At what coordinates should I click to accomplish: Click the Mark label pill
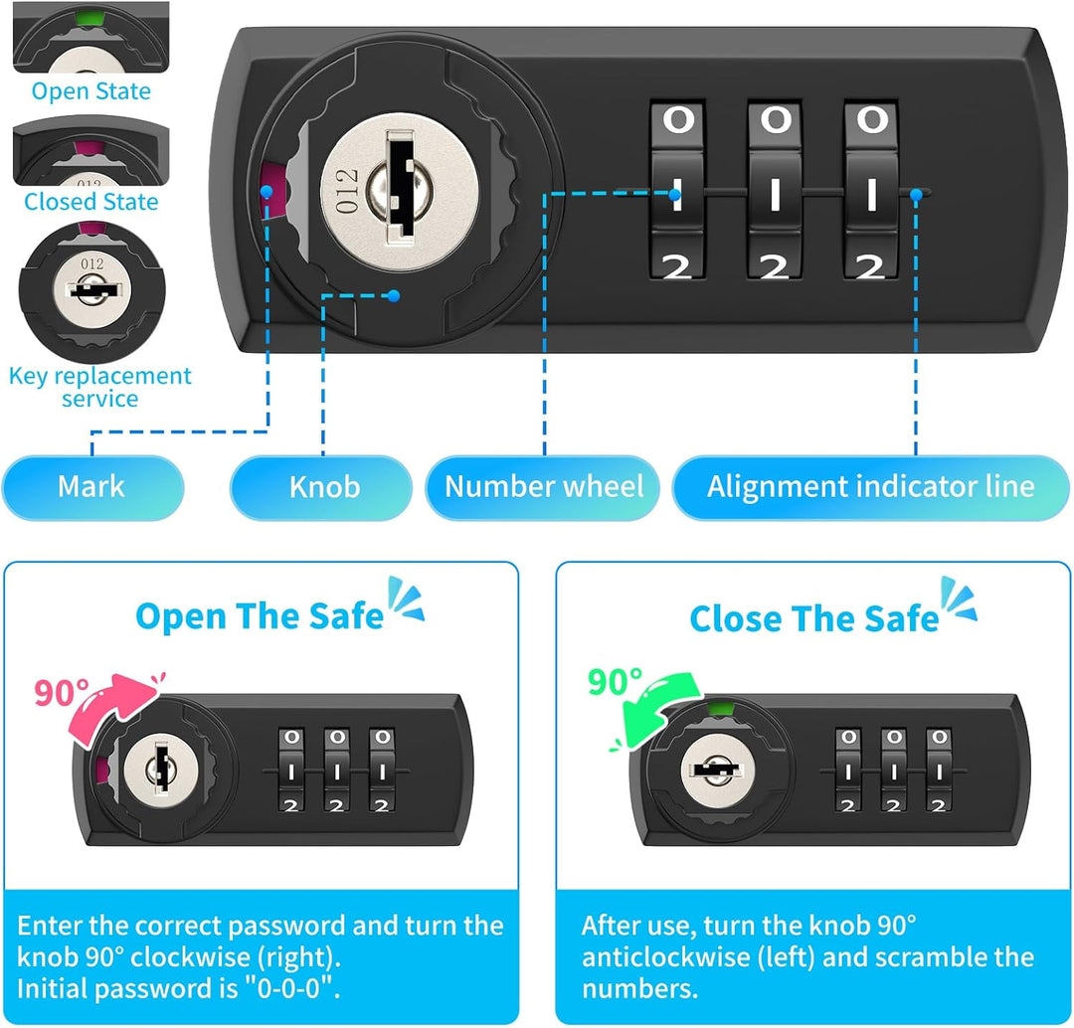pos(92,487)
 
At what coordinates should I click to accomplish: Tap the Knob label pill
pos(321,487)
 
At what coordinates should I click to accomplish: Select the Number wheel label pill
pos(543,487)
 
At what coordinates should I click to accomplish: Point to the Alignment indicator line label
pos(870,487)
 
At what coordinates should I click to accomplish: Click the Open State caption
pos(91,91)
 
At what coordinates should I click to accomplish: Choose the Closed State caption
pos(91,202)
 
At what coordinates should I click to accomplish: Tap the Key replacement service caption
pos(100,387)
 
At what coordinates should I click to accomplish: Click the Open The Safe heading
pos(260,615)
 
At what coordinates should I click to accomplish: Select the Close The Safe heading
pos(813,618)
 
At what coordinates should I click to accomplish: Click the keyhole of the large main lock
pos(400,188)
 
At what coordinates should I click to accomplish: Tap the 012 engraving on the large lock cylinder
pos(347,191)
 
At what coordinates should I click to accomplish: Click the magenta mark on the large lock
pos(274,192)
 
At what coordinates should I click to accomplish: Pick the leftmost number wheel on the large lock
pos(677,191)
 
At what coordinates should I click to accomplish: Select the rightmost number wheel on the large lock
pos(871,191)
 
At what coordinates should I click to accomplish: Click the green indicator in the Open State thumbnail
pos(88,17)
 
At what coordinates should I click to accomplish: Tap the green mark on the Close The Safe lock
pos(719,707)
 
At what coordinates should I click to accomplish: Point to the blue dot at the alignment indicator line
pos(916,195)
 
